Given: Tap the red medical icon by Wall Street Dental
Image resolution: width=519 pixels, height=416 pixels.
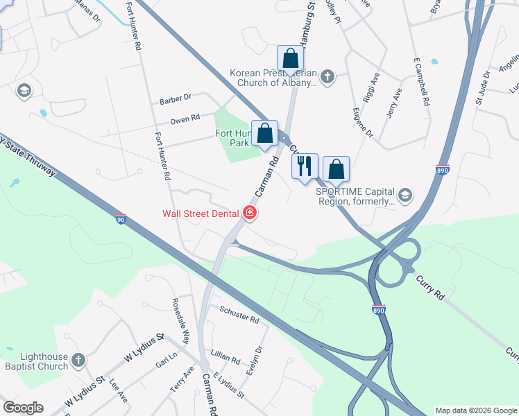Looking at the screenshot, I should coord(248,213).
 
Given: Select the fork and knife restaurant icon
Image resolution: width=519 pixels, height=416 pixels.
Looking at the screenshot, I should coord(304,166).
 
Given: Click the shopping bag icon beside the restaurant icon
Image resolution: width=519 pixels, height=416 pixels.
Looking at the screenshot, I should coord(336,168).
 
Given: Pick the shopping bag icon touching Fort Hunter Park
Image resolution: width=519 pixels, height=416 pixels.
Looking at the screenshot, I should coord(264,133).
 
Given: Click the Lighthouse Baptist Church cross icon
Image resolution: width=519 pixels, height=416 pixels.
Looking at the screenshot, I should coord(78,360).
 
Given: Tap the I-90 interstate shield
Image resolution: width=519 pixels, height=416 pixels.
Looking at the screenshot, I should coord(120,219).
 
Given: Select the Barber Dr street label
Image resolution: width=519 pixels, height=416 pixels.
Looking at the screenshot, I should coord(175,101).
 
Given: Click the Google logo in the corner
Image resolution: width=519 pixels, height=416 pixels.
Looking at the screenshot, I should coord(23,408).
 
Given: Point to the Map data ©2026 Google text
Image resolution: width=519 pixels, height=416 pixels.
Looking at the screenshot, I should coord(476,410).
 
